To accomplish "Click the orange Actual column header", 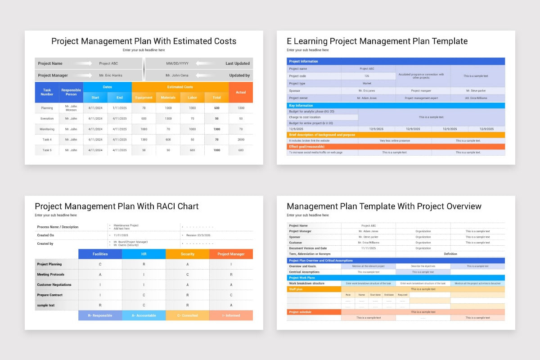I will (241, 92).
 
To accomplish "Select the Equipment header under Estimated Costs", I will (144, 98).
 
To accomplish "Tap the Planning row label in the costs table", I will (47, 108).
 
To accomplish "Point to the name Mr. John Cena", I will (176, 76).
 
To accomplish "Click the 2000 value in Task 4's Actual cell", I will (241, 139).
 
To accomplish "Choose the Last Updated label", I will (238, 63).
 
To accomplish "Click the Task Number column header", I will (47, 92).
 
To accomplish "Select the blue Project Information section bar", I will (396, 61).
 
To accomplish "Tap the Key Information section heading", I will (301, 106).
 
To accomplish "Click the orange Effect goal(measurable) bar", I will (396, 147).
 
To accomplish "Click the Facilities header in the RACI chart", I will (100, 254).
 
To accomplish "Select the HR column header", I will (144, 254).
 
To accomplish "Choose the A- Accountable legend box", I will (144, 315).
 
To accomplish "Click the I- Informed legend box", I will (231, 315).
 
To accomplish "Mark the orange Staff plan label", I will (314, 289).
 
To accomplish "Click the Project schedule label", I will (314, 312).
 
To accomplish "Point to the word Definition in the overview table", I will (450, 254).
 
